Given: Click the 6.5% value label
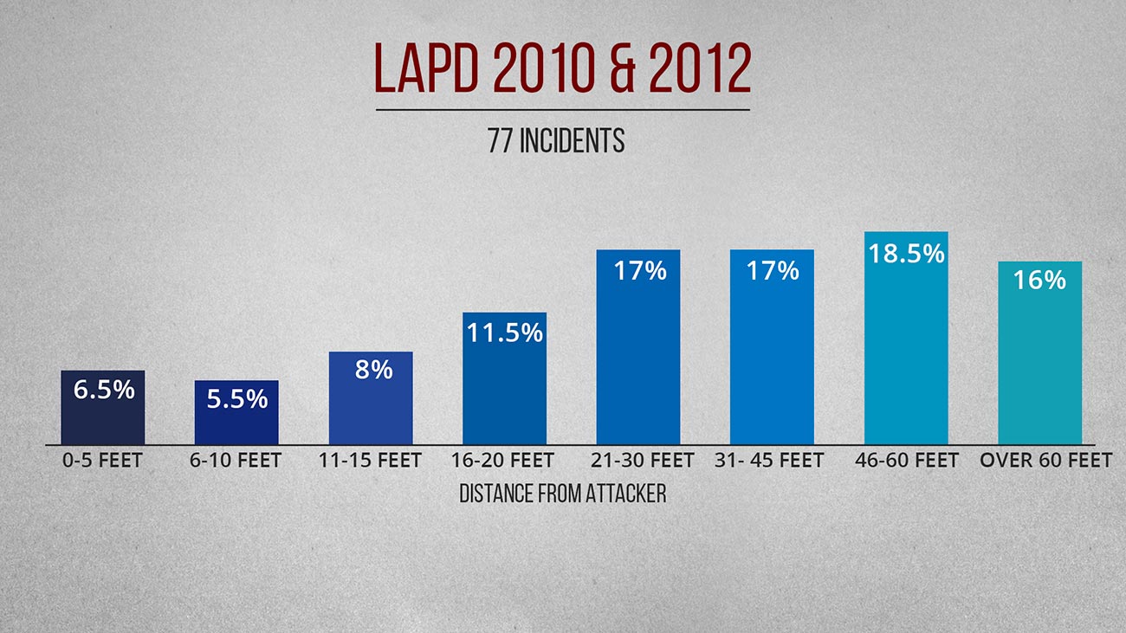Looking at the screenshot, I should tap(103, 390).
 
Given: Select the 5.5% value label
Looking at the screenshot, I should tap(236, 399).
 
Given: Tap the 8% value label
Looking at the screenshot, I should tap(373, 370).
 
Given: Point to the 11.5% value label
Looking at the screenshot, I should tap(504, 333).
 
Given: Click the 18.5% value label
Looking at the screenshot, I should tap(905, 254).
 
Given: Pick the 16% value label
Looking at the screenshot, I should tap(1039, 281).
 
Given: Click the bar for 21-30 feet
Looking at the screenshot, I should tap(638, 364).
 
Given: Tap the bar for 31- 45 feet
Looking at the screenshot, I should tap(772, 364).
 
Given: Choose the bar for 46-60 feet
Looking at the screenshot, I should tap(906, 355).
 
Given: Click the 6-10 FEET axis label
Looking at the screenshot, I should tap(236, 461).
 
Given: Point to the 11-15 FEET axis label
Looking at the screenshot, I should tap(370, 461).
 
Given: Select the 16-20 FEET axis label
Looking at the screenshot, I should tap(502, 461).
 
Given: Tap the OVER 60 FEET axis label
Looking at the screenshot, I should tap(1045, 461).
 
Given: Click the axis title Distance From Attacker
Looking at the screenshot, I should tap(562, 494).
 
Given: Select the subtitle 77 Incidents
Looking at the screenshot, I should tap(556, 142).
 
